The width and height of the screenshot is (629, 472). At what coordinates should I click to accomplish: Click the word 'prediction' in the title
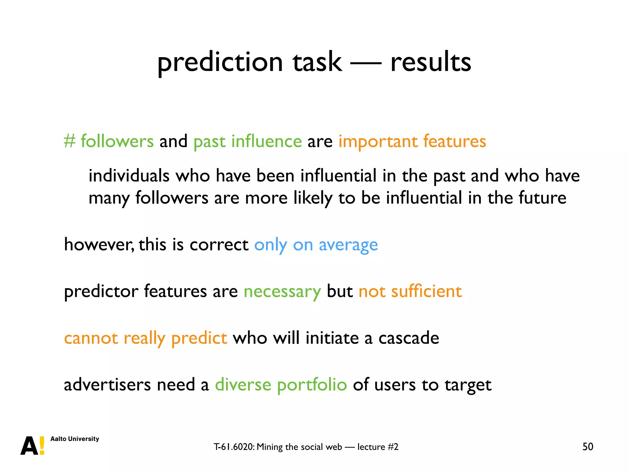220,62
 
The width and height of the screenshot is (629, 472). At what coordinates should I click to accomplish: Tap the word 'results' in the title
431,62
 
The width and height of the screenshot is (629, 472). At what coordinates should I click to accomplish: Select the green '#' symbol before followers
69,141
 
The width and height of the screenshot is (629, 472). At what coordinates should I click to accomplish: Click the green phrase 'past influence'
248,141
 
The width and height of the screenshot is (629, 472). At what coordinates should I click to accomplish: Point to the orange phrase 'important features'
412,141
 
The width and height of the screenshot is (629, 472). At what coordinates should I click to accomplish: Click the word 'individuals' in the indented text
129,176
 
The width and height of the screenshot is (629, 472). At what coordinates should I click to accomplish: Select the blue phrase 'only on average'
316,245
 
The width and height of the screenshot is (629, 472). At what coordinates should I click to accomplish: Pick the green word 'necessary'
282,291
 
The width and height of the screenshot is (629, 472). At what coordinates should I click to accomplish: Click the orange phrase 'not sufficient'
410,291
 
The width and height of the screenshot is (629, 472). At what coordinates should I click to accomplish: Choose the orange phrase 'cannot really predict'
146,338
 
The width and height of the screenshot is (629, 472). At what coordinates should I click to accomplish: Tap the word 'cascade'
408,338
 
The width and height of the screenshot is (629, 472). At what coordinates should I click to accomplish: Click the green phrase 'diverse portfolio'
281,385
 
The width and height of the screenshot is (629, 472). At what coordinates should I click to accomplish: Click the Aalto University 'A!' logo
33,446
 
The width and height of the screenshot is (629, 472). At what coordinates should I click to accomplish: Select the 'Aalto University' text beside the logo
75,439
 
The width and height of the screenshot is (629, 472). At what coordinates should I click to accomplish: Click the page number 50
588,446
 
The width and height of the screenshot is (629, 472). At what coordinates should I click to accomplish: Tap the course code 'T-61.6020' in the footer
234,447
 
